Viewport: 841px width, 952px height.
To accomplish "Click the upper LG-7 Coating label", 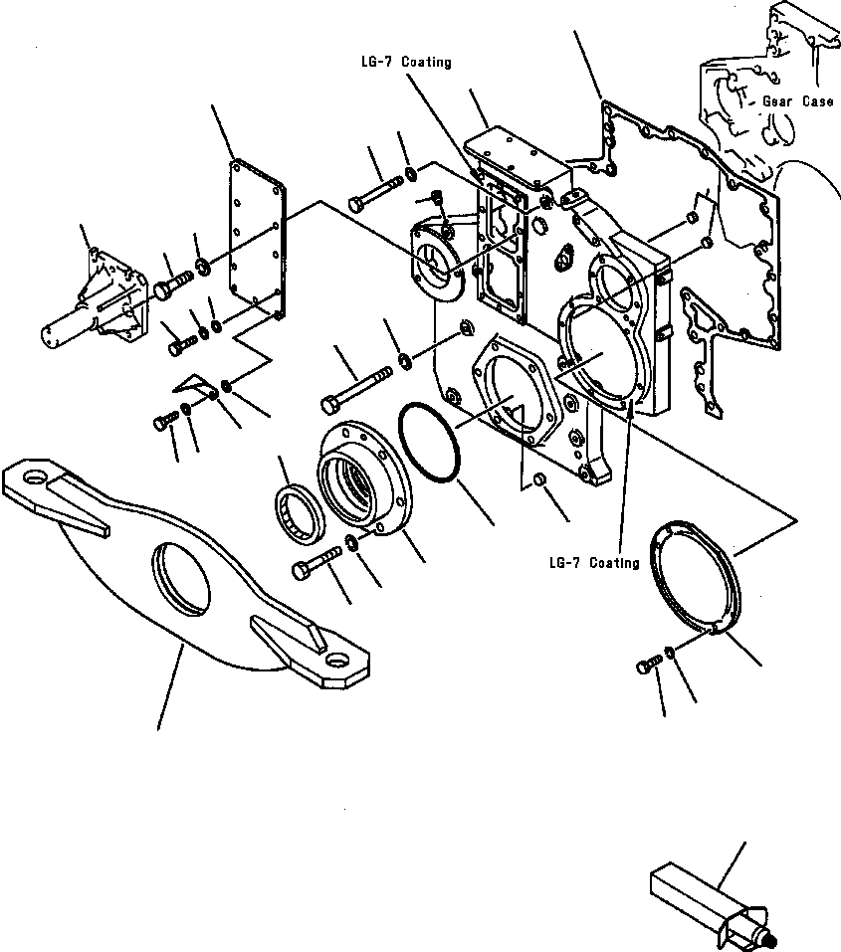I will [x=405, y=63].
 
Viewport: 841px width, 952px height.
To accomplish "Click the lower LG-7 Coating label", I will [x=593, y=563].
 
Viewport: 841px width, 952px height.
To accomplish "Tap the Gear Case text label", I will [x=797, y=102].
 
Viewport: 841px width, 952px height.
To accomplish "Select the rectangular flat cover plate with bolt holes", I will [x=257, y=242].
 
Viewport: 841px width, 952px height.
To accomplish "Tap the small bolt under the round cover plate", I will [x=648, y=665].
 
